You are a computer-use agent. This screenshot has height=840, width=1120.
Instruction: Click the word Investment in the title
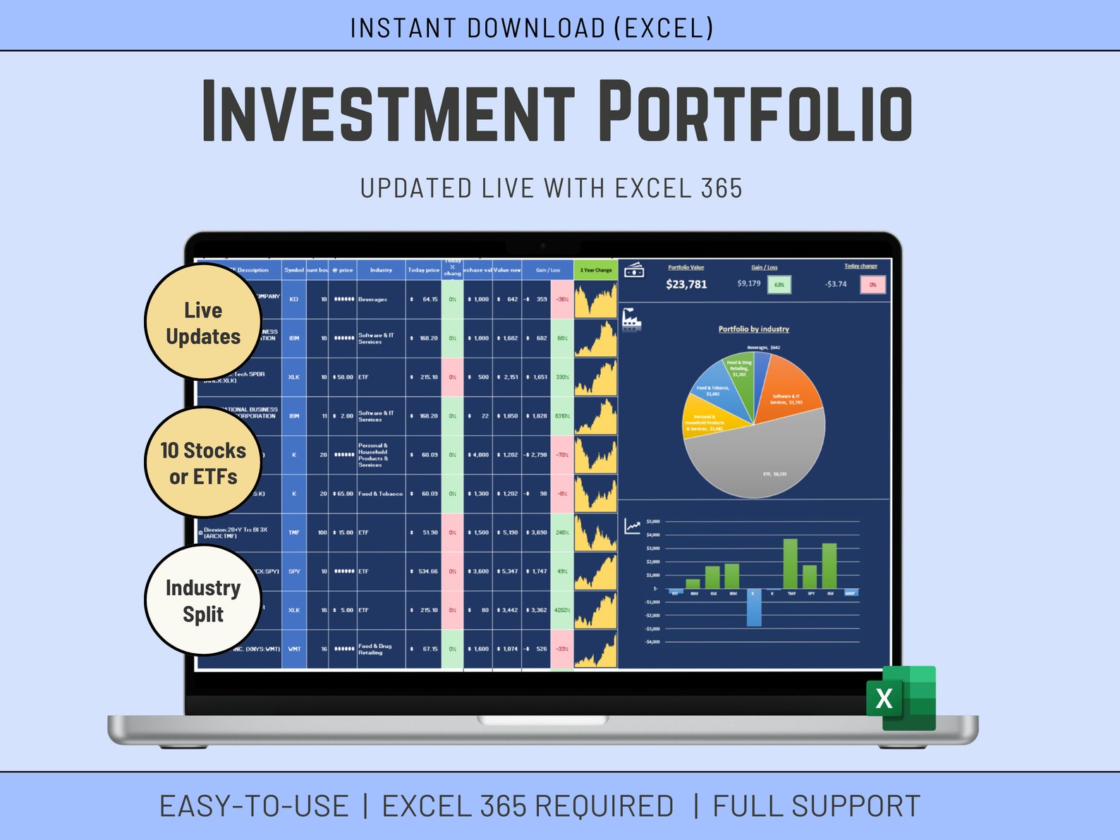point(388,111)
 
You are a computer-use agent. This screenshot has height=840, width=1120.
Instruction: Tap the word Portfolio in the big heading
point(755,111)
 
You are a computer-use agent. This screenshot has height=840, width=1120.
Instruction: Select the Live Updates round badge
point(203,323)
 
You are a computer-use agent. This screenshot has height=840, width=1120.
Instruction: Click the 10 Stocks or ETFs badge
point(203,463)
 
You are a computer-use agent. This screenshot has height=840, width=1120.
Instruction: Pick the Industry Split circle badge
point(203,601)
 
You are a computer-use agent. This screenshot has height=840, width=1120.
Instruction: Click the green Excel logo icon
point(901,698)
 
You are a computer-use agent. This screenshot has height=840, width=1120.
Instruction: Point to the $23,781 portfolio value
point(686,284)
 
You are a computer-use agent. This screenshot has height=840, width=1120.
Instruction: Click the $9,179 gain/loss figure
point(748,284)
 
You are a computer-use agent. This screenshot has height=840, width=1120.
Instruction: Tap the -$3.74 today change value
point(836,284)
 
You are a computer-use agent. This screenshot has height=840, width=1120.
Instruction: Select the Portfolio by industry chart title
point(753,329)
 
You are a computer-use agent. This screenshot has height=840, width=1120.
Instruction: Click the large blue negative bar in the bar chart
point(753,607)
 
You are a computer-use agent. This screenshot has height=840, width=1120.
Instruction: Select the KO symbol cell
point(293,299)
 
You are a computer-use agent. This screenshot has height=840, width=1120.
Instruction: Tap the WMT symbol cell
point(293,649)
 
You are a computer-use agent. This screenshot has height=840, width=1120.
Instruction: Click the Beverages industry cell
point(373,300)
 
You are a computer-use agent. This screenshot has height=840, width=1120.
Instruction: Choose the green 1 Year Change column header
point(595,270)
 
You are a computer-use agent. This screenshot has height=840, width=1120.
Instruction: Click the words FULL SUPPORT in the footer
point(816,806)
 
